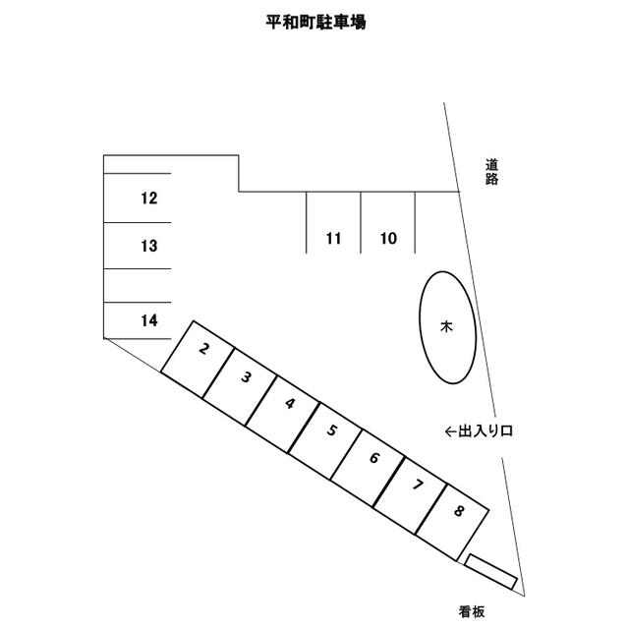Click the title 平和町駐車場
[x=315, y=22]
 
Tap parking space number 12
[x=138, y=199]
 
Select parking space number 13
[x=138, y=246]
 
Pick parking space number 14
[x=138, y=320]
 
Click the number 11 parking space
[x=333, y=223]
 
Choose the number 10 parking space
[x=388, y=223]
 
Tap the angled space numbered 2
[x=198, y=360]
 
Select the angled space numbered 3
[x=240, y=387]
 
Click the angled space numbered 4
[x=282, y=414]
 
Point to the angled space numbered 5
[x=325, y=441]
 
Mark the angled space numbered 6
[x=368, y=468]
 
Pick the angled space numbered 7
[x=410, y=495]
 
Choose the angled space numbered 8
[x=452, y=522]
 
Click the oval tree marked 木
[x=448, y=327]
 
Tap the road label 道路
[x=491, y=172]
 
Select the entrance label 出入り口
[x=486, y=431]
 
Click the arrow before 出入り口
[x=451, y=431]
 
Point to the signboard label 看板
[x=472, y=611]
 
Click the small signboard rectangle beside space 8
[x=490, y=572]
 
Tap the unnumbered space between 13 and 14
[x=138, y=286]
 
